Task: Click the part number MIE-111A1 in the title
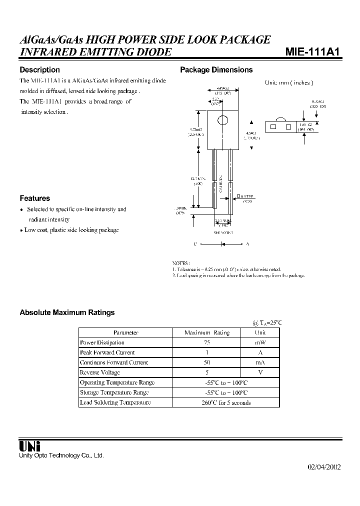point(313,52)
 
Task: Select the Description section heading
point(39,70)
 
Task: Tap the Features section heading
point(34,198)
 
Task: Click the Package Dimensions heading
point(216,70)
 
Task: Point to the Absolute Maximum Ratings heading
point(67,312)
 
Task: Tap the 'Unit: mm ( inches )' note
point(288,83)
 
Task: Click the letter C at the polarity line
point(195,244)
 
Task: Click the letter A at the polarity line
point(247,244)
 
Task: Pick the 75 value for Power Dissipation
point(206,342)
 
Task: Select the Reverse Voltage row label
point(100,372)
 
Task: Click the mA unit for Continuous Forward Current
point(260,362)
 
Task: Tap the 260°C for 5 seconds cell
point(226,402)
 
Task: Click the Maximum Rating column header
point(206,332)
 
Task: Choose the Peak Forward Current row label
point(107,352)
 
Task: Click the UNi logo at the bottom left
point(29,446)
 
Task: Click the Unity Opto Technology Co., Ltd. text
point(61,455)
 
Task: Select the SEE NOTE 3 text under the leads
point(223,233)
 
